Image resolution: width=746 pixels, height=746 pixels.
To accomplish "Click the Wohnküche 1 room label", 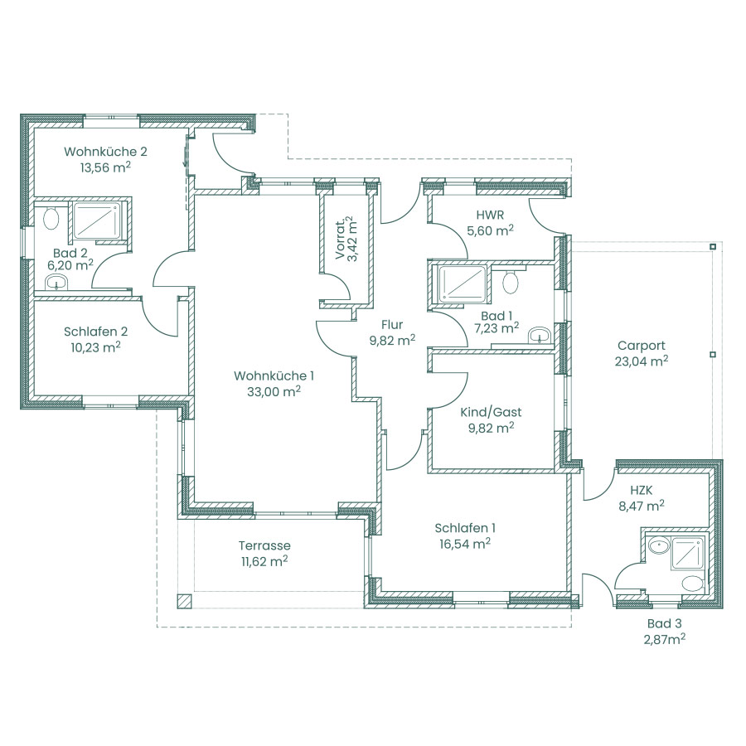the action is pyautogui.click(x=274, y=375).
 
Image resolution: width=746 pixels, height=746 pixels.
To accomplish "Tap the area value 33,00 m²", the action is pyautogui.click(x=274, y=391).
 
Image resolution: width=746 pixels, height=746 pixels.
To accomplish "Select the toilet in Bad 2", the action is pyautogui.click(x=51, y=218).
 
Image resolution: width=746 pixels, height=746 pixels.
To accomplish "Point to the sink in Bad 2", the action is pyautogui.click(x=57, y=282).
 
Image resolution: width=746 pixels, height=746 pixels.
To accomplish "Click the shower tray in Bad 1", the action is pyautogui.click(x=463, y=284).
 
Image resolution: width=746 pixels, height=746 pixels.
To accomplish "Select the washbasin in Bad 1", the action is pyautogui.click(x=540, y=335).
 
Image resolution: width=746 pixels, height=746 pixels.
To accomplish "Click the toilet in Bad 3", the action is pyautogui.click(x=692, y=584).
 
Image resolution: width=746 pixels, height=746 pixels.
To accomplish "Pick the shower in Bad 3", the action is pyautogui.click(x=687, y=553).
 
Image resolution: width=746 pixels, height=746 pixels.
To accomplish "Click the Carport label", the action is pyautogui.click(x=641, y=346).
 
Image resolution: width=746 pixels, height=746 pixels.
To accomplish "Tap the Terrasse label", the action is pyautogui.click(x=264, y=545).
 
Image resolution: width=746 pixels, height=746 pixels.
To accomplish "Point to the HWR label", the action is pyautogui.click(x=491, y=215).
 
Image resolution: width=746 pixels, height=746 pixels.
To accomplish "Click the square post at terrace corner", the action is pyautogui.click(x=184, y=602).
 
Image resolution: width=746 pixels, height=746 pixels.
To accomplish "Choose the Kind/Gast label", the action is pyautogui.click(x=491, y=412).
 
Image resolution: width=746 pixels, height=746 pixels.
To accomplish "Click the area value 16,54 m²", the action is pyautogui.click(x=465, y=544).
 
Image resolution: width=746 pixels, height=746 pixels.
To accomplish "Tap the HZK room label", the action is pyautogui.click(x=642, y=490).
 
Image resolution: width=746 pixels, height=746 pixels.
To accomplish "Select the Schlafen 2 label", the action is pyautogui.click(x=95, y=332).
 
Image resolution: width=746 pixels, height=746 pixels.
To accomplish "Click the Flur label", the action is pyautogui.click(x=392, y=324).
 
